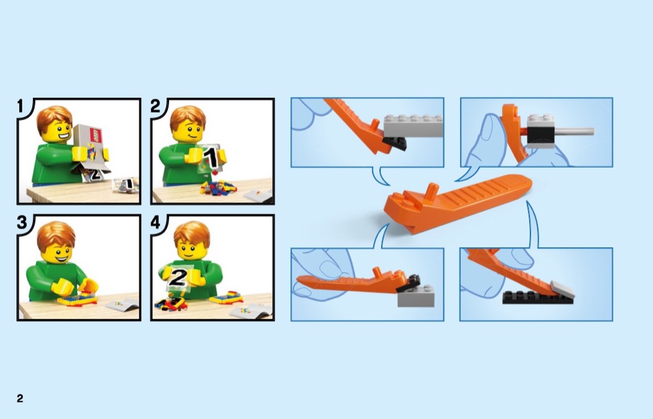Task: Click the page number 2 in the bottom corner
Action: click(20, 398)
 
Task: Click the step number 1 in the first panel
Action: click(20, 106)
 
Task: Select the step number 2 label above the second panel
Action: click(155, 106)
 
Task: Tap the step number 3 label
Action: click(22, 222)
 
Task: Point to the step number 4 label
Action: click(155, 222)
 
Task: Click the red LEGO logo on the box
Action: click(95, 135)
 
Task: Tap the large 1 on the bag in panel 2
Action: click(212, 158)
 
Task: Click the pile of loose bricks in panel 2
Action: click(218, 188)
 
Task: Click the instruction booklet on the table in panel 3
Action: click(123, 304)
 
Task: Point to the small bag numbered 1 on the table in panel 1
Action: click(126, 184)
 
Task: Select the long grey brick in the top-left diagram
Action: click(413, 126)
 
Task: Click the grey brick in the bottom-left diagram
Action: click(415, 296)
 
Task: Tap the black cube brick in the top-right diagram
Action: click(540, 134)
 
